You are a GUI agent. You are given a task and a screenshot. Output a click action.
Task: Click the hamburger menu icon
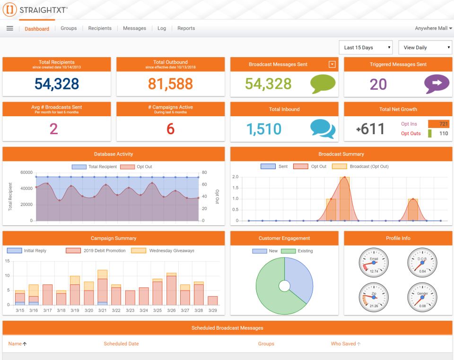9,28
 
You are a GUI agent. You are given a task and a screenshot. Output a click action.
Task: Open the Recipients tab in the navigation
100,28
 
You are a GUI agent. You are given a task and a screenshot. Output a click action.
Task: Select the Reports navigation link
186,28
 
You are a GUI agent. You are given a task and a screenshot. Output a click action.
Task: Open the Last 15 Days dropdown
366,47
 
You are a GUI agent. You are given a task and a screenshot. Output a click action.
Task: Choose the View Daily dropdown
425,47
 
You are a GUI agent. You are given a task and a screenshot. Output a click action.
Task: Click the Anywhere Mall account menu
433,28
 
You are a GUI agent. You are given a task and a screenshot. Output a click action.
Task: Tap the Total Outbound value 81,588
170,84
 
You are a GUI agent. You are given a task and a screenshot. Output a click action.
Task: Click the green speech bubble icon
323,84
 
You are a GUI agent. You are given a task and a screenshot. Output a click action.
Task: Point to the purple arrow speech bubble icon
437,84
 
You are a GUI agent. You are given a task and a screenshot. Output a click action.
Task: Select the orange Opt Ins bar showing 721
438,124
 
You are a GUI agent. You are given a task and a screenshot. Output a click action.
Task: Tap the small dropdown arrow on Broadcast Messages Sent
332,64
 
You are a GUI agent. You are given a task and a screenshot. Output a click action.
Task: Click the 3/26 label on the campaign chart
171,310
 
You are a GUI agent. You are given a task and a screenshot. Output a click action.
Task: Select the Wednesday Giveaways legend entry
163,251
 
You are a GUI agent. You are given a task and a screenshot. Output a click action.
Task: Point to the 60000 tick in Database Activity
26,172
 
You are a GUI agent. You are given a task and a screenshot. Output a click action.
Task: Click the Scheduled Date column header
121,344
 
